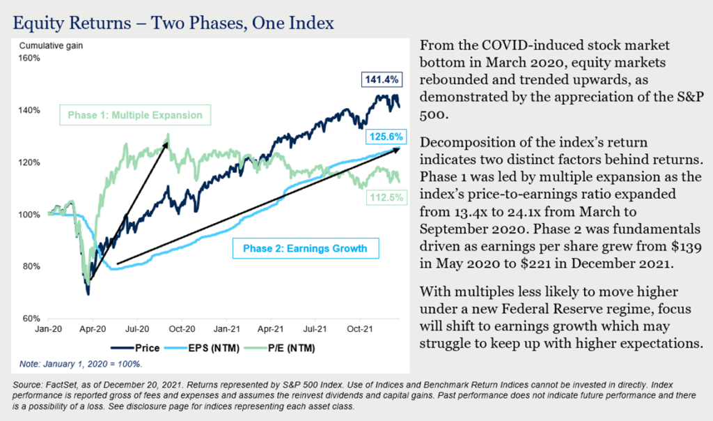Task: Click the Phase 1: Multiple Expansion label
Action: point(134,115)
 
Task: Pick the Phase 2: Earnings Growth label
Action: point(305,248)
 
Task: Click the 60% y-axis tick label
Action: point(33,319)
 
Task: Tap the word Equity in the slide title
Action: point(37,23)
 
